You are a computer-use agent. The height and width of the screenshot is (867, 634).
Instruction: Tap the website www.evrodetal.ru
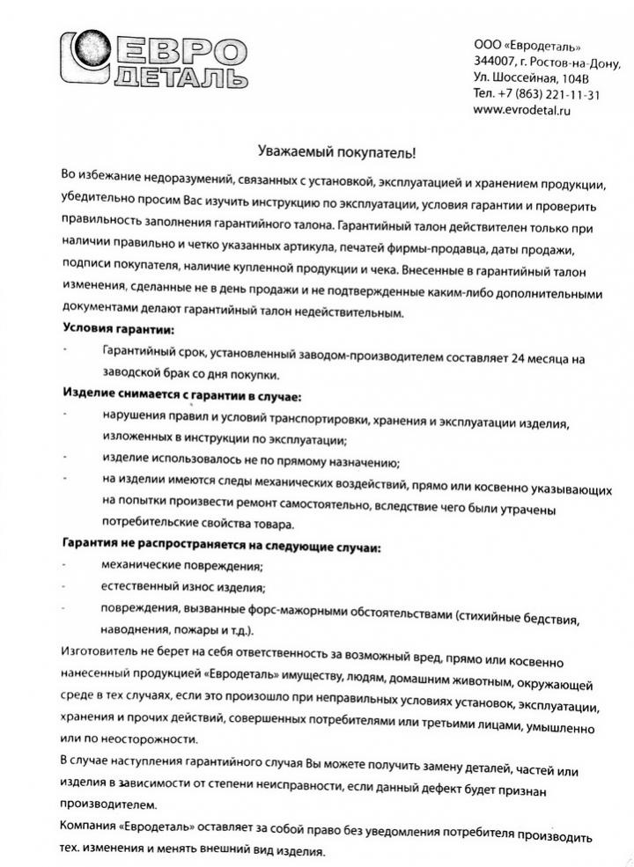(x=522, y=110)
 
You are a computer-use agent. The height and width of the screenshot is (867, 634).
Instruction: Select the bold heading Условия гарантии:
(x=118, y=329)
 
